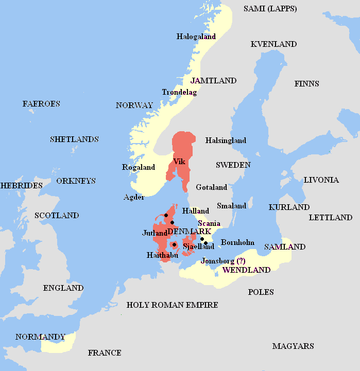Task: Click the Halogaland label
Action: pos(196,37)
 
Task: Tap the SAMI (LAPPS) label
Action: pos(270,9)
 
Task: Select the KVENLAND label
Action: pos(273,44)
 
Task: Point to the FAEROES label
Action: pos(41,104)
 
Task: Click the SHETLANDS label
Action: pos(74,139)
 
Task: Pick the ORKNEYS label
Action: pos(76,181)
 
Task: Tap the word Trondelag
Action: pos(179,92)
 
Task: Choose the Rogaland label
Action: pos(138,167)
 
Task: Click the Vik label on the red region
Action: pos(179,161)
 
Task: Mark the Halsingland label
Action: pos(226,140)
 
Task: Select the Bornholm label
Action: pos(237,242)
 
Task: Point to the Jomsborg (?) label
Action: pos(223,260)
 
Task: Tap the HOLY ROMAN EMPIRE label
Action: pos(172,305)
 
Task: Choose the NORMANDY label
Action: pos(40,337)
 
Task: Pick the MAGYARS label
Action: pos(293,346)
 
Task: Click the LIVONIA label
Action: pos(321,180)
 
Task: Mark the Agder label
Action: pos(134,197)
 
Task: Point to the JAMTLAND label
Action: pos(213,81)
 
